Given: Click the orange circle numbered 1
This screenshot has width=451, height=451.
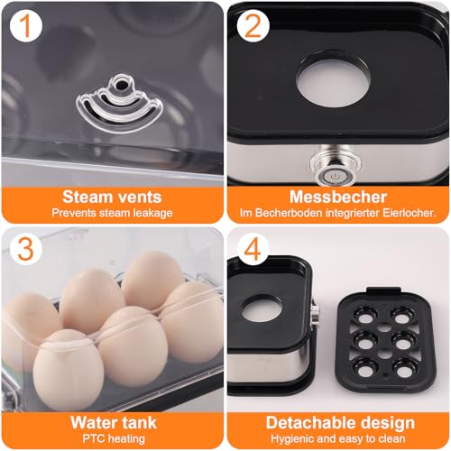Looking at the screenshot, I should tap(29, 29).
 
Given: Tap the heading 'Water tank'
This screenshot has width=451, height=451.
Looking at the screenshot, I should tap(112, 422).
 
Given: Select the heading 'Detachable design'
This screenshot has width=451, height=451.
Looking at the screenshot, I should tap(339, 422).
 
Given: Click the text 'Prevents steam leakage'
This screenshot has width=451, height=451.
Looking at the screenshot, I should tap(112, 213).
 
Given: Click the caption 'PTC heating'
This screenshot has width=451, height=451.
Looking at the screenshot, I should tap(112, 439).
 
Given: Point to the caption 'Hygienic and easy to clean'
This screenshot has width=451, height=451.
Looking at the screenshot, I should tap(339, 439).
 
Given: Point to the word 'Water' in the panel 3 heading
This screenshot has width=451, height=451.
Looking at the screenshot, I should tap(93, 422).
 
